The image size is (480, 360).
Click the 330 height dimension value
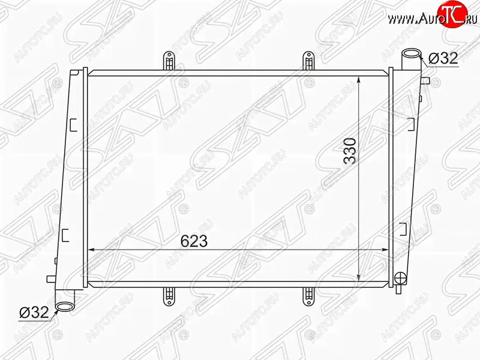350,151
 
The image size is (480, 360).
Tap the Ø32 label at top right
443,58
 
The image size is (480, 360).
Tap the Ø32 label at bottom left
34,312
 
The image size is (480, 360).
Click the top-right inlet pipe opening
411,55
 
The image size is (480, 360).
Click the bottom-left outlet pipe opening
65,306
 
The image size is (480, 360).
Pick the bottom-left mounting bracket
167,296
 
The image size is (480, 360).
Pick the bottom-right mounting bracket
308,296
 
